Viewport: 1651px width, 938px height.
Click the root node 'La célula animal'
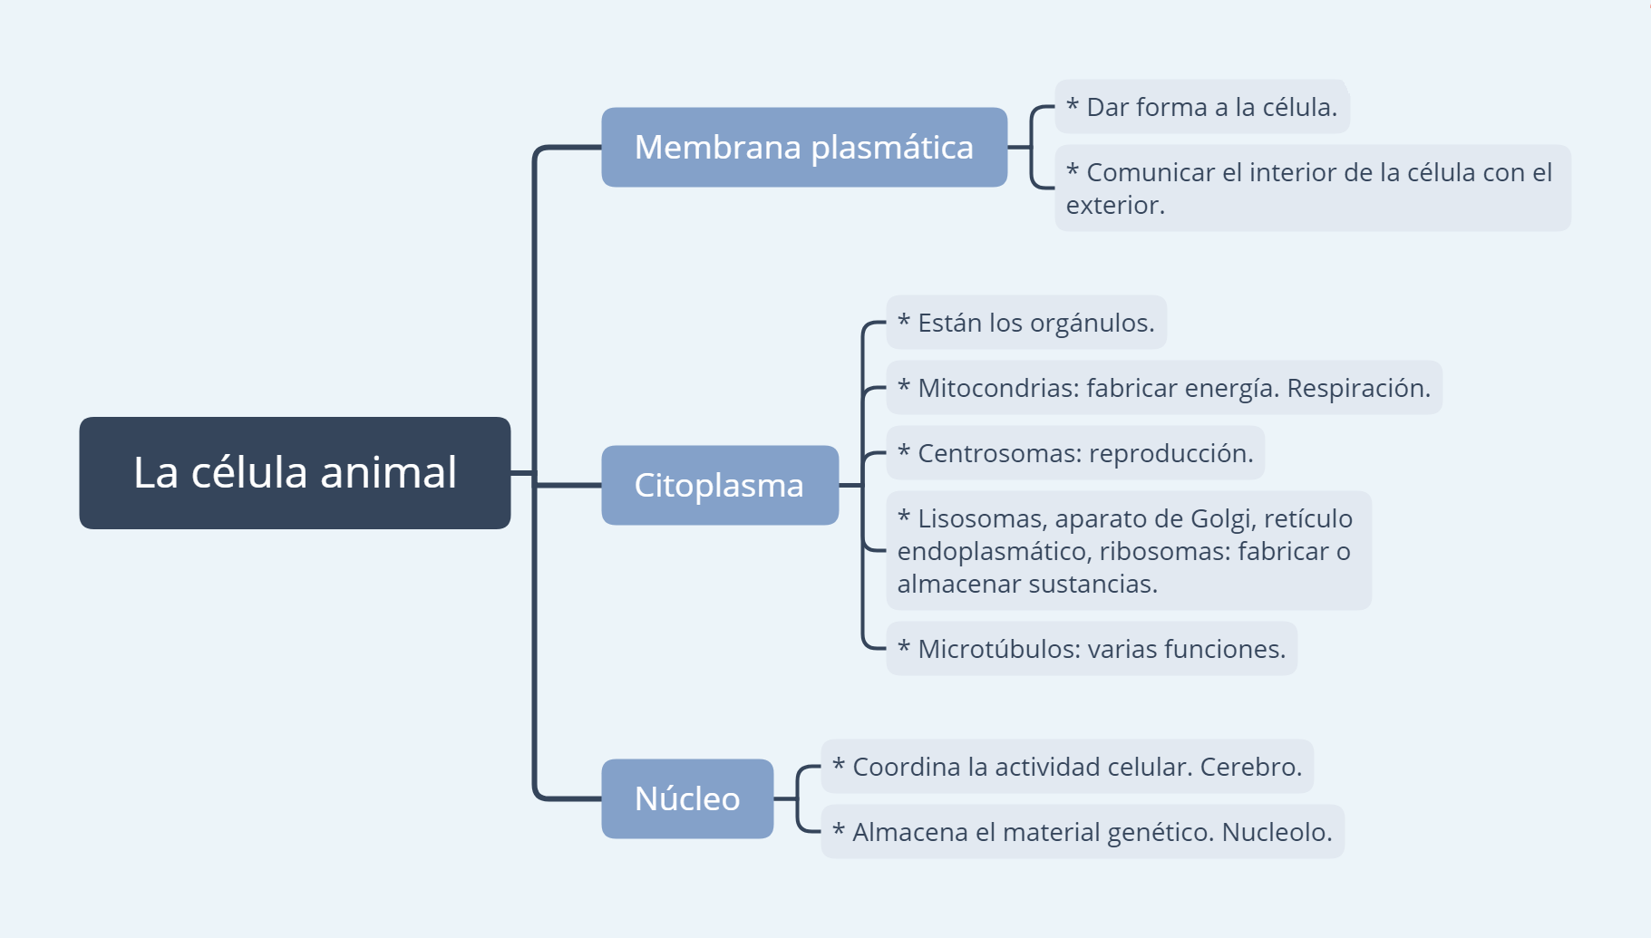(x=295, y=472)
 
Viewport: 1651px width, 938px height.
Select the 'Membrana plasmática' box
(x=803, y=147)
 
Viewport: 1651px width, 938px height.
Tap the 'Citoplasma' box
(x=719, y=485)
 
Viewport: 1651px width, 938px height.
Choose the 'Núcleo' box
(x=686, y=798)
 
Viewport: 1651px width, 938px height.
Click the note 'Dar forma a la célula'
(x=1201, y=107)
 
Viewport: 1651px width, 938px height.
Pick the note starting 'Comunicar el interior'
(x=1311, y=188)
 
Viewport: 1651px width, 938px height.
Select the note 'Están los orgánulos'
(x=1025, y=323)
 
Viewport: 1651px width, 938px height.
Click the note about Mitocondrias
(x=1163, y=388)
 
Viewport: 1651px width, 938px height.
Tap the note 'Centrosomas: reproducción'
(x=1074, y=453)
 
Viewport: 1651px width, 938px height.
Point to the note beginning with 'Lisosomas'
(x=1128, y=551)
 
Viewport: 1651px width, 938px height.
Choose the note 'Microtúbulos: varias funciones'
(x=1091, y=649)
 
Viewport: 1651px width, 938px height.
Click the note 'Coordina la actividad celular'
(x=1066, y=767)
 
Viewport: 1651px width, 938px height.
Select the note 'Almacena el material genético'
(x=1082, y=832)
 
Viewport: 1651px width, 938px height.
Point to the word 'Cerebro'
(x=1250, y=767)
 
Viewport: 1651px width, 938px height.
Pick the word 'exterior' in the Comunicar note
(x=1114, y=205)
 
